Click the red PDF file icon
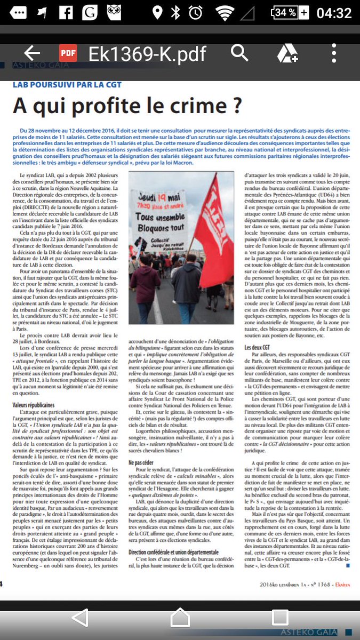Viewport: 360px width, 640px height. [68, 53]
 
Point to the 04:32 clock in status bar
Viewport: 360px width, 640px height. [334, 12]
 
